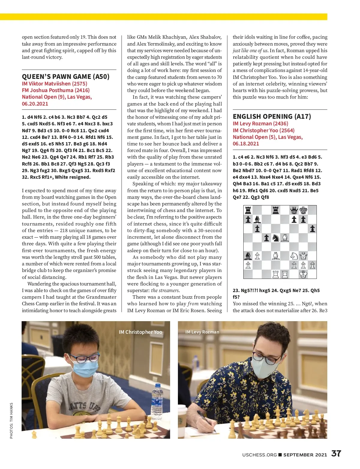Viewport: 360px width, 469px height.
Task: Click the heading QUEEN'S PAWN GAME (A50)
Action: pyautogui.click(x=66, y=76)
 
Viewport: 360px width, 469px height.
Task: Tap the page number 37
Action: pyautogui.click(x=336, y=453)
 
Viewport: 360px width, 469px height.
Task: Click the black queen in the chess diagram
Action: pyautogui.click(x=294, y=210)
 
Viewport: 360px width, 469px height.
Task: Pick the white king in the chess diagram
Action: pyautogui.click(x=303, y=274)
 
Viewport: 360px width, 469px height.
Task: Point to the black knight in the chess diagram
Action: pyautogui.click(x=276, y=238)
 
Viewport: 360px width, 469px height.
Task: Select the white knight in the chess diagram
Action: pyautogui.click(x=294, y=256)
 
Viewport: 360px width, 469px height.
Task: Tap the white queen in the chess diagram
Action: pyautogui.click(x=303, y=256)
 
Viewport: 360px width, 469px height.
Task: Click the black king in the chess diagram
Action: pyautogui.click(x=303, y=210)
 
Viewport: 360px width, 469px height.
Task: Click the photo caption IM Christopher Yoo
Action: pyautogui.click(x=140, y=332)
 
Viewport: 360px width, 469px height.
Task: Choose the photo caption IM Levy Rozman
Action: pyautogui.click(x=202, y=332)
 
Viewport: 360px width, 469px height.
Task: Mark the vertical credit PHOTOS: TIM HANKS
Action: pyautogui.click(x=11, y=420)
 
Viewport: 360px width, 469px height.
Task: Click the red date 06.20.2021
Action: pyautogui.click(x=35, y=104)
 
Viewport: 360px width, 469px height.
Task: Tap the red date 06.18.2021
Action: pyautogui.click(x=246, y=144)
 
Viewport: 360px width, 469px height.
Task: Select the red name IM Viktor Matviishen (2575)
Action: pyautogui.click(x=55, y=84)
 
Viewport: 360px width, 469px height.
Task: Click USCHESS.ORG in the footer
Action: pyautogui.click(x=259, y=455)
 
